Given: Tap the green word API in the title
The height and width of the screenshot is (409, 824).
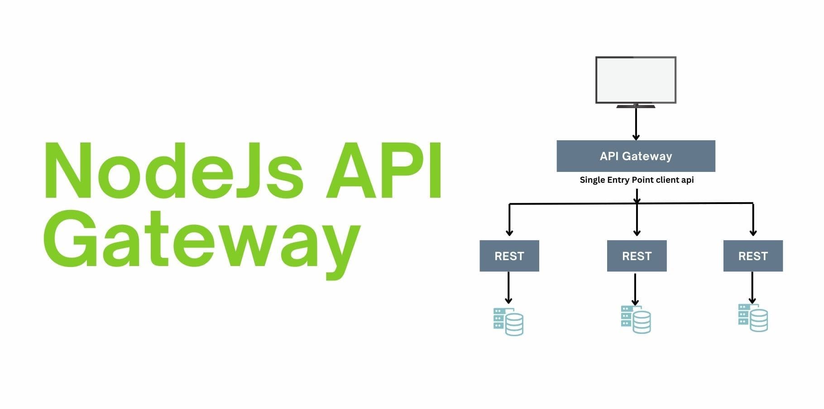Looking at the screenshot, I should click(x=384, y=171).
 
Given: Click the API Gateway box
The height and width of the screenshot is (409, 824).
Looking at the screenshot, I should click(x=636, y=156).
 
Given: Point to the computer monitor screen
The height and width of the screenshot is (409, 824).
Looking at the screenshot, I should click(x=636, y=80).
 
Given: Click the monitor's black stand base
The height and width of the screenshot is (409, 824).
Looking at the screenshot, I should click(x=636, y=106).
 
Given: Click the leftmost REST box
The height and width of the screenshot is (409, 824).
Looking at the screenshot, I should click(x=509, y=256).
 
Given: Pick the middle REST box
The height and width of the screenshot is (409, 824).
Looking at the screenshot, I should click(x=637, y=256).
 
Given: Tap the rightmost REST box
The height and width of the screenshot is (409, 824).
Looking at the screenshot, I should click(x=753, y=256).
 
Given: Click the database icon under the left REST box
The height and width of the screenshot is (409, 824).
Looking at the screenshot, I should click(x=508, y=322).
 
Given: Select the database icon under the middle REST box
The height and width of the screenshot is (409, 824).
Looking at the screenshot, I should click(x=636, y=319).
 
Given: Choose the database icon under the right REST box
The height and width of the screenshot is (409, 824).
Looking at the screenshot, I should click(x=752, y=318).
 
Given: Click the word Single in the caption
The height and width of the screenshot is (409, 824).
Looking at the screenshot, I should click(x=592, y=180).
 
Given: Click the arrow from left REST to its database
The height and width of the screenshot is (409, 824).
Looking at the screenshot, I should click(x=508, y=287).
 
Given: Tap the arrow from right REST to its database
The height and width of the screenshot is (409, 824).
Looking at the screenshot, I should click(x=752, y=287).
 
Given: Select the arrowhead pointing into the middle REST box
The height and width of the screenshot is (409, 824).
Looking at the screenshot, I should click(x=637, y=233).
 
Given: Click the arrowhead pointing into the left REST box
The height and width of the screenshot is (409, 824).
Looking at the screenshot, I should click(x=509, y=233).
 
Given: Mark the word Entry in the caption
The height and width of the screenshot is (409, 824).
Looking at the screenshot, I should click(x=618, y=180).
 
